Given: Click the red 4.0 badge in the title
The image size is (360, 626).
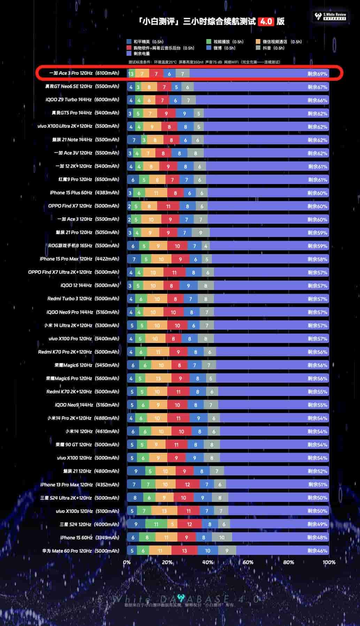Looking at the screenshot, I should click(266, 22).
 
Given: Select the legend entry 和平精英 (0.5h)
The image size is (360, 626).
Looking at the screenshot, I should click(145, 42).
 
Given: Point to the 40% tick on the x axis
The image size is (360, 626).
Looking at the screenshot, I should click(208, 562).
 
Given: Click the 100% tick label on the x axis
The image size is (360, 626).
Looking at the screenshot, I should click(329, 562).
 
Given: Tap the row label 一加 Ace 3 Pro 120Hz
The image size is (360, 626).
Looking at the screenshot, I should click(84, 73).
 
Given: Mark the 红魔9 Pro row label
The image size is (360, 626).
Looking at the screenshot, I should click(89, 180).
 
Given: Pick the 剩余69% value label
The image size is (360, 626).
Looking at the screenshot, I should click(317, 74).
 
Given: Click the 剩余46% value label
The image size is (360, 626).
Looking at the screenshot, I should click(317, 551).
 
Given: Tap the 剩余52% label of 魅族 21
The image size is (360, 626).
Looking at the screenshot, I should click(317, 471).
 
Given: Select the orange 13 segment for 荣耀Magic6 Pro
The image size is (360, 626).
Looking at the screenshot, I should click(158, 379).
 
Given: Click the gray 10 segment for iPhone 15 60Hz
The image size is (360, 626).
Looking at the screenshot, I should click(222, 537).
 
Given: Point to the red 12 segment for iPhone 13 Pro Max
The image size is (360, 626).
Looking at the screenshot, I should click(187, 484).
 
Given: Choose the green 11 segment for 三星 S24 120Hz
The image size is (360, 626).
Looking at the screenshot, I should click(156, 524).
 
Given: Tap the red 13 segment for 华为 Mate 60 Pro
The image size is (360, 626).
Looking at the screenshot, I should click(184, 551).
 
